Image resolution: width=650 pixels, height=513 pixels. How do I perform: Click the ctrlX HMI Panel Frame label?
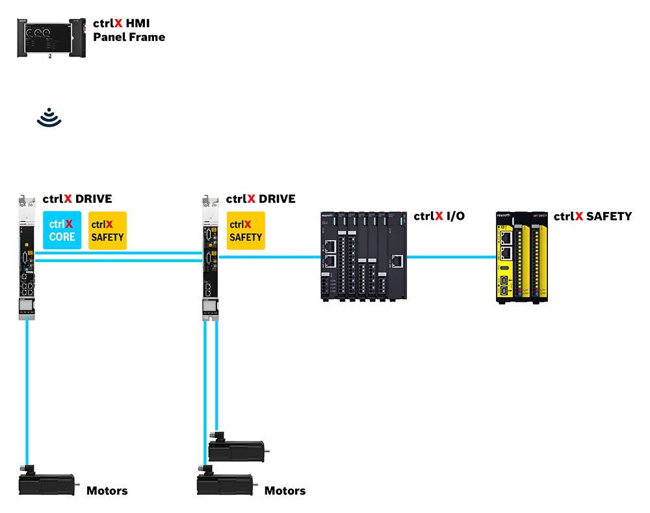pyautogui.click(x=129, y=31)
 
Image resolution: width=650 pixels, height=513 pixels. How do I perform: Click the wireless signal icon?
pyautogui.click(x=49, y=118)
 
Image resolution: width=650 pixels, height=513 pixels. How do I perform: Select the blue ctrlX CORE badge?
pyautogui.click(x=62, y=230)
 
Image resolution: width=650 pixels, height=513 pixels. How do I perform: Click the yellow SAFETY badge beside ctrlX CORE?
pyautogui.click(x=107, y=230)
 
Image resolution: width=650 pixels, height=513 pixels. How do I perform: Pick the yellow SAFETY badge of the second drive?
pyautogui.click(x=245, y=230)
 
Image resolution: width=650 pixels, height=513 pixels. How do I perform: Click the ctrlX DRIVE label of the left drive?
pyautogui.click(x=77, y=199)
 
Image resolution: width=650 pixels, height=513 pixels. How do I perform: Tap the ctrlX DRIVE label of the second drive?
pyautogui.click(x=260, y=199)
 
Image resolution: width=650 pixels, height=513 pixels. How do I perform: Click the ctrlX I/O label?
pyautogui.click(x=439, y=216)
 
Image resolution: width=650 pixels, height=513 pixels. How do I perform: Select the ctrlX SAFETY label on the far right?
pyautogui.click(x=592, y=216)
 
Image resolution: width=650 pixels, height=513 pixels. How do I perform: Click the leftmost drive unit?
pyautogui.click(x=27, y=257)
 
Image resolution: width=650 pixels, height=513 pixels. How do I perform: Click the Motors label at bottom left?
pyautogui.click(x=107, y=491)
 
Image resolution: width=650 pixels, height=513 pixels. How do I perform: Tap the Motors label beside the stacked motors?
pyautogui.click(x=285, y=491)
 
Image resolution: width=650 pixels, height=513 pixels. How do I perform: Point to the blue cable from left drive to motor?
pyautogui.click(x=27, y=390)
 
